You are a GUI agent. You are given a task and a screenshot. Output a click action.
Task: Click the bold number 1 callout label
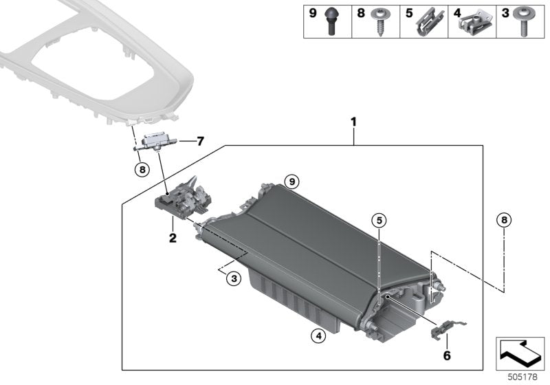point(353,122)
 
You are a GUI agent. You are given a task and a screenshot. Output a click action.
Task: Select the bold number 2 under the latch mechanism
point(173,239)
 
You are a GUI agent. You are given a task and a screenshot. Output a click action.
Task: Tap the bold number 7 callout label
point(200,142)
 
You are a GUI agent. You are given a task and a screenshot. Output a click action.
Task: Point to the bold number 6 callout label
point(446,355)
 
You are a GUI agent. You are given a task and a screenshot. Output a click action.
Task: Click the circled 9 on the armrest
point(292,181)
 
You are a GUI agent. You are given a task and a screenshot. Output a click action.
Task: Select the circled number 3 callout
point(234,278)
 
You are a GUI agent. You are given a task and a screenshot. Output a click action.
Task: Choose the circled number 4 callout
point(317,336)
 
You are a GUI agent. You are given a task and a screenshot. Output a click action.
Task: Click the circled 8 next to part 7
point(141,168)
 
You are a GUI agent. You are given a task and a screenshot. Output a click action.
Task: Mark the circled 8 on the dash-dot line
point(504,220)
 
